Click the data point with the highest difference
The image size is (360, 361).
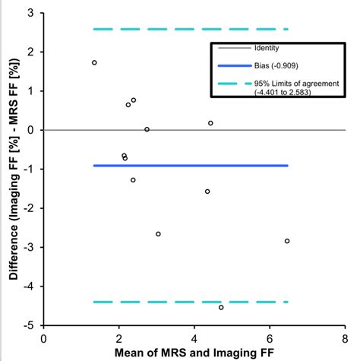(94, 62)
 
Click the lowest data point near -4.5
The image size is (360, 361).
(221, 307)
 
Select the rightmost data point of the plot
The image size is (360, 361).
(287, 241)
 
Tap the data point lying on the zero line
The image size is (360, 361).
(147, 129)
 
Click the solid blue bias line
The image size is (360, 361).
(190, 165)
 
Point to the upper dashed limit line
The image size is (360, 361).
(190, 29)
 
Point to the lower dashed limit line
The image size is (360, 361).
(190, 302)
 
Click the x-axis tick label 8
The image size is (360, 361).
(344, 336)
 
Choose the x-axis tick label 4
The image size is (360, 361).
(194, 336)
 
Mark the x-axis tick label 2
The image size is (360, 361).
(119, 336)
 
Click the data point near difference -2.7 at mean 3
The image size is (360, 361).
(158, 234)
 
